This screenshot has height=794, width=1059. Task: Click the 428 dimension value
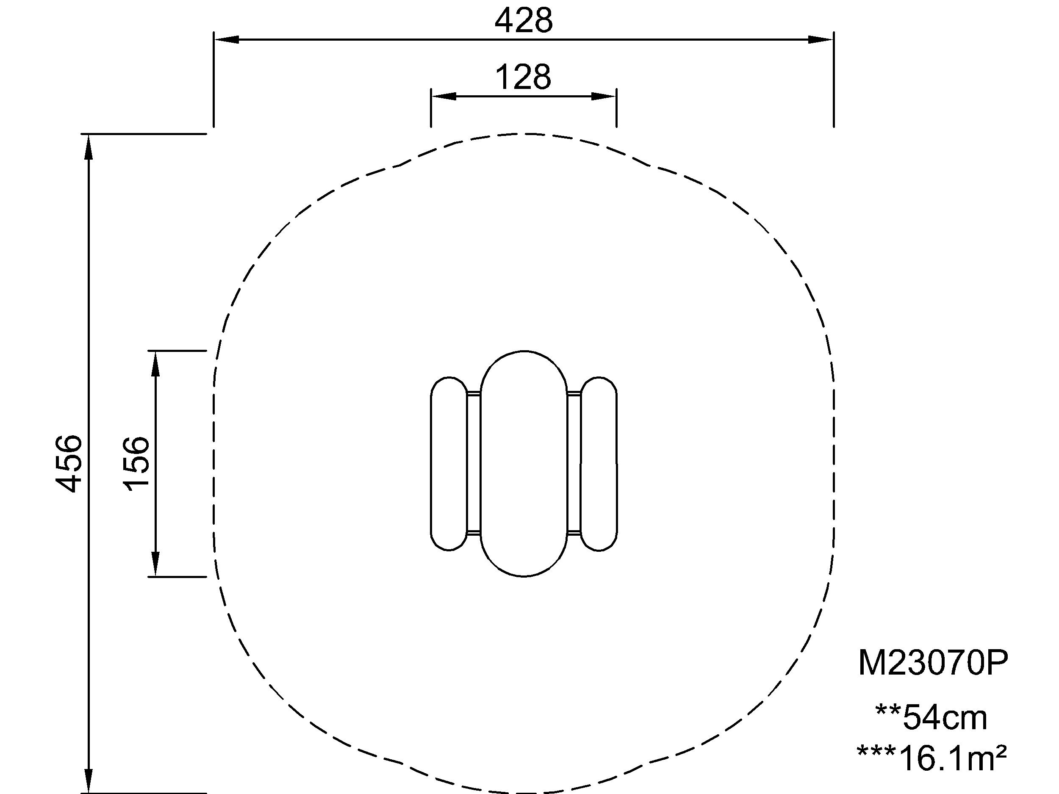point(524,22)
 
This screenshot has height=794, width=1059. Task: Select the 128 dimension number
point(523,77)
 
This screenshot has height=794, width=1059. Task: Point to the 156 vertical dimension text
point(136,463)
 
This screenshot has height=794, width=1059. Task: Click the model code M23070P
point(933,663)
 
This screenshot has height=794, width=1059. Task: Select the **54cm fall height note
point(931,718)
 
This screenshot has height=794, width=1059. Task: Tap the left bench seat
point(449,464)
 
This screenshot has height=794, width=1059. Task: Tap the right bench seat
point(599,464)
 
